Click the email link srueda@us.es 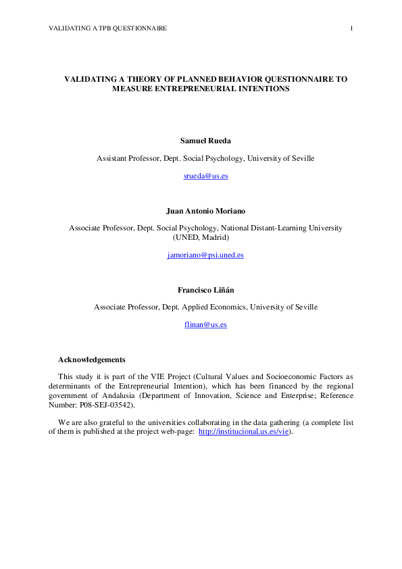tap(205, 176)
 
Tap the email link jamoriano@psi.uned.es tap(205, 255)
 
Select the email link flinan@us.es tap(205, 325)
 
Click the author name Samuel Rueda tap(205, 141)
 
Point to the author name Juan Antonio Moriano tap(205, 210)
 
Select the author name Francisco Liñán tap(205, 290)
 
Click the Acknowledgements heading tap(92, 359)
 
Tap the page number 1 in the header tap(352, 28)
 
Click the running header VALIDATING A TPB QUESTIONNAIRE tap(108, 28)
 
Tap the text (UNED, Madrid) tap(205, 238)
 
